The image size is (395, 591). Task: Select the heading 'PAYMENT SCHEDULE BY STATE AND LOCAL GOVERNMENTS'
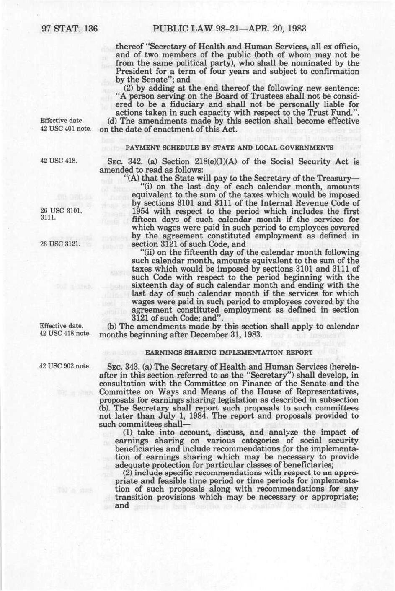229,148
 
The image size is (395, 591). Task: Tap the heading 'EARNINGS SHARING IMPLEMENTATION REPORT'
229,352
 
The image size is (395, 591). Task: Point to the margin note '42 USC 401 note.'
66,128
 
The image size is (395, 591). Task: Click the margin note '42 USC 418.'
58,160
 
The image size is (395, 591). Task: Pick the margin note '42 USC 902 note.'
65,366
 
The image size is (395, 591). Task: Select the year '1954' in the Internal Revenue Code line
141,211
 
